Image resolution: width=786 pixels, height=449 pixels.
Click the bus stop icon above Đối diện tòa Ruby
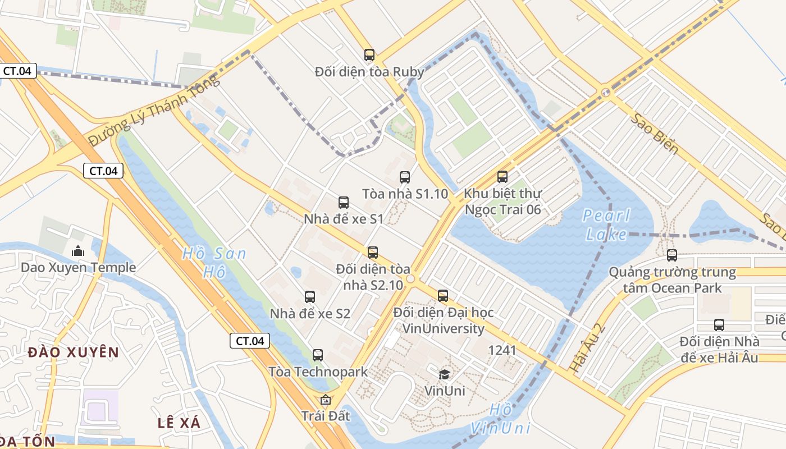pyautogui.click(x=369, y=55)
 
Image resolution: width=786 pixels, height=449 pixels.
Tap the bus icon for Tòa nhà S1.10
pyautogui.click(x=404, y=177)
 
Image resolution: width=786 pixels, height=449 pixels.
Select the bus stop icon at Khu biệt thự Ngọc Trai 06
pyautogui.click(x=502, y=177)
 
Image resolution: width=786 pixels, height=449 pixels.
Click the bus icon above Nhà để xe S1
pyautogui.click(x=343, y=203)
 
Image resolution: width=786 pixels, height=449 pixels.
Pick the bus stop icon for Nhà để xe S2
pyautogui.click(x=309, y=297)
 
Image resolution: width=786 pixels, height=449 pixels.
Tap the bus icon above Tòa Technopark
pyautogui.click(x=317, y=355)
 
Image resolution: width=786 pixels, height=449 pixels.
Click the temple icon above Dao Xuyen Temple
pyautogui.click(x=78, y=251)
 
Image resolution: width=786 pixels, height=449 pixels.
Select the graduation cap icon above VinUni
pyautogui.click(x=444, y=374)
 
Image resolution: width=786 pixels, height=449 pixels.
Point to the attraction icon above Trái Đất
pyautogui.click(x=325, y=400)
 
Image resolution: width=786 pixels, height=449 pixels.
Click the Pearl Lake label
pyautogui.click(x=606, y=224)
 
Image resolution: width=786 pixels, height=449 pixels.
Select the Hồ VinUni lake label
pyautogui.click(x=500, y=419)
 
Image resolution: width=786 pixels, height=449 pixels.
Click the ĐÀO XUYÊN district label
pyautogui.click(x=73, y=352)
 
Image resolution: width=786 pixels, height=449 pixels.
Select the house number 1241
pyautogui.click(x=502, y=350)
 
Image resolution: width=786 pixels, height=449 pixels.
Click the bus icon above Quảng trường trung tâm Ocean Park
pyautogui.click(x=671, y=255)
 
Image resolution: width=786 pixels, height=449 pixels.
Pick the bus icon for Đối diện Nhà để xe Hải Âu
pyautogui.click(x=719, y=324)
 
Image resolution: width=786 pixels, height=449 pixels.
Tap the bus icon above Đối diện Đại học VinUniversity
pyautogui.click(x=443, y=295)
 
